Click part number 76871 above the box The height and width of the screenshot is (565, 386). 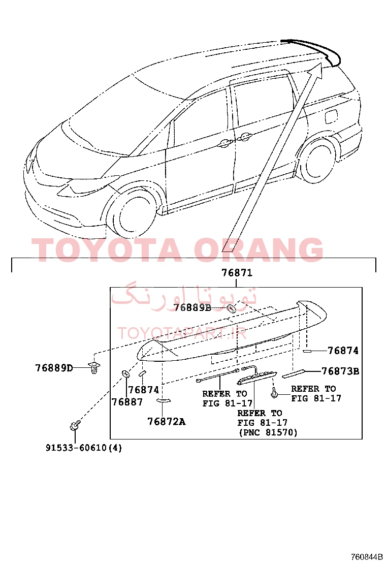[x=237, y=273]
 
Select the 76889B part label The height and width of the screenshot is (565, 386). [x=192, y=307]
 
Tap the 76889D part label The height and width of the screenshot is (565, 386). [x=54, y=368]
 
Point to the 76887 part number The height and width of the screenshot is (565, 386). [x=127, y=402]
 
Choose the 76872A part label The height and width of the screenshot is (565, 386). [x=167, y=421]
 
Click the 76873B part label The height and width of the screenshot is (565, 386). [x=340, y=371]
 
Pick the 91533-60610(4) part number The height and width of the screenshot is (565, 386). [x=83, y=448]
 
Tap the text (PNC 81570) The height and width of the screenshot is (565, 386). [x=268, y=432]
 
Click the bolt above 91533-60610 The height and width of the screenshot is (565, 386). [x=75, y=425]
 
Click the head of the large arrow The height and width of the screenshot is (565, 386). [x=316, y=70]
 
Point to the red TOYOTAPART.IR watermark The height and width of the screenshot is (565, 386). [x=182, y=333]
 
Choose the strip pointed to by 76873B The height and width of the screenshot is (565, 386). [x=294, y=374]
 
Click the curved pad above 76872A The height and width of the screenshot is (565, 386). [x=164, y=400]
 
